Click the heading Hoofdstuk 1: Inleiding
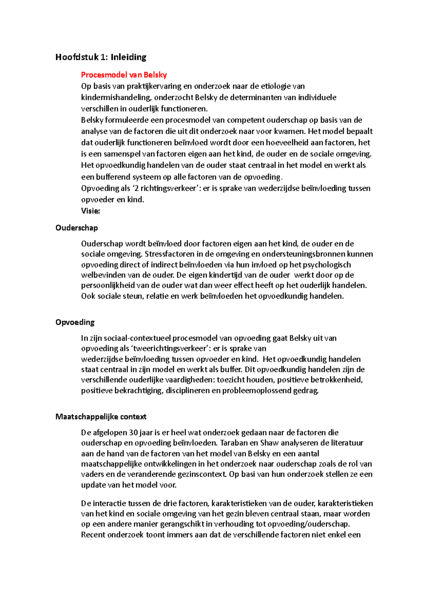[101, 57]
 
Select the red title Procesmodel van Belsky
[124, 75]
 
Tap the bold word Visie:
[90, 211]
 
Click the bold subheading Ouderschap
[77, 228]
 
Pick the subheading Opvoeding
[75, 322]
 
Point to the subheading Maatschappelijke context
[101, 417]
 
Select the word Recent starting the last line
[93, 535]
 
